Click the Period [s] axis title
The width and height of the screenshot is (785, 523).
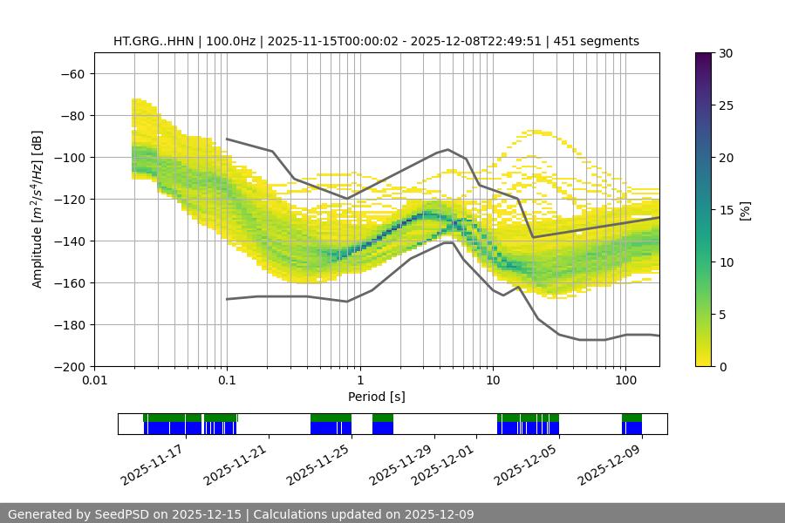(376, 397)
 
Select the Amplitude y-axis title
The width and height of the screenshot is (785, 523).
(38, 209)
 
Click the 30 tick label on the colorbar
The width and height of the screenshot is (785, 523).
(726, 53)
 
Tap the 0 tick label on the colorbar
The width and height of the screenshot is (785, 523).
(722, 367)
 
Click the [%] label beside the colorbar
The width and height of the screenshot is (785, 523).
(745, 210)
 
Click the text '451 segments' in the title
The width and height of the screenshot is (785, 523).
(602, 41)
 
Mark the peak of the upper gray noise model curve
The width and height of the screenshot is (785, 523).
(448, 149)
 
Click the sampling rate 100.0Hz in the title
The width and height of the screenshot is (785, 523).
(233, 41)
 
